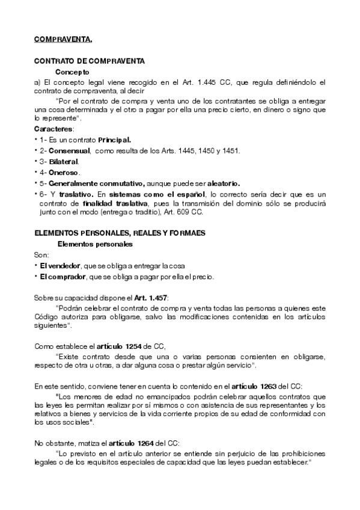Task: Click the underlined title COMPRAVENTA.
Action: click(x=63, y=40)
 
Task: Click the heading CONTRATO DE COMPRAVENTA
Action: click(x=88, y=61)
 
